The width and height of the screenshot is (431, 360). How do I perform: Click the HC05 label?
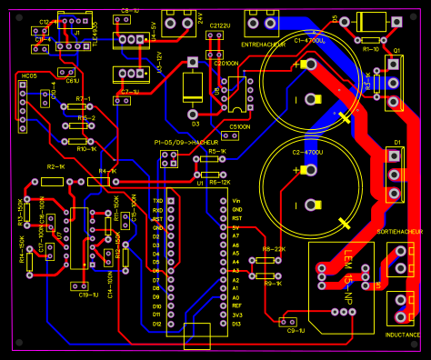(x=29, y=76)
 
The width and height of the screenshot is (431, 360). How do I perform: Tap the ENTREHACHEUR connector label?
(x=264, y=44)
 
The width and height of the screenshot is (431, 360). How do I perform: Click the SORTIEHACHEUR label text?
(x=400, y=232)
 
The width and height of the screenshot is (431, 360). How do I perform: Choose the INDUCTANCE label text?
(x=403, y=335)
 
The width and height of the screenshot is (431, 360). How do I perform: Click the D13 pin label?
(x=236, y=324)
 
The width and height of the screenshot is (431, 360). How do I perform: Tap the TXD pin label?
(x=157, y=200)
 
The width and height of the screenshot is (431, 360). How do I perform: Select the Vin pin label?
(x=237, y=200)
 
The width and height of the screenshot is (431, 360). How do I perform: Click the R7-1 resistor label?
(x=83, y=98)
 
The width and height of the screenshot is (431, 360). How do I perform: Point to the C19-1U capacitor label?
(x=88, y=295)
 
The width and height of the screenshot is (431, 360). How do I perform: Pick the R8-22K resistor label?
(x=274, y=249)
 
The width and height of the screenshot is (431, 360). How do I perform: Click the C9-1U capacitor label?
(x=296, y=331)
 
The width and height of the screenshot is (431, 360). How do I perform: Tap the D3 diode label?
(x=195, y=123)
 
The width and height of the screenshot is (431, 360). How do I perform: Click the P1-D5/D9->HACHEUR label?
(x=185, y=143)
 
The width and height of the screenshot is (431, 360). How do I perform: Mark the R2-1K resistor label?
(x=55, y=168)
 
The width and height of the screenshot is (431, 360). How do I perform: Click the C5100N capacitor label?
(x=240, y=126)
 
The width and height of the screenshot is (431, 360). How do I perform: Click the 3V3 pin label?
(x=236, y=315)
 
